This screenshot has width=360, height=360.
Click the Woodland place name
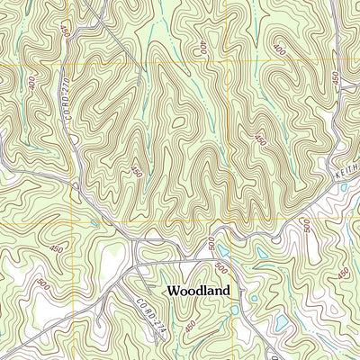197,291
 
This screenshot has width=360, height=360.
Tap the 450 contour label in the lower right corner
343,273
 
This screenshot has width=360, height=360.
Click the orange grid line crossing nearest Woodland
229,221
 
